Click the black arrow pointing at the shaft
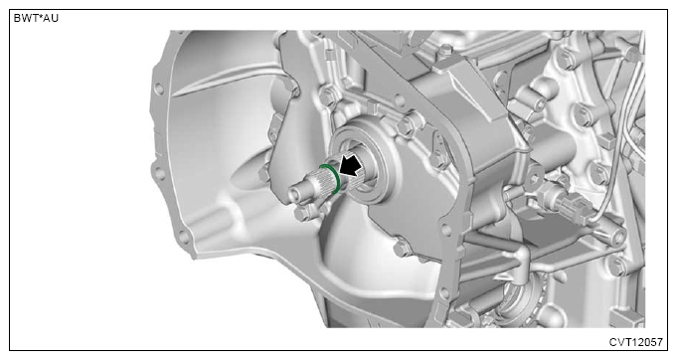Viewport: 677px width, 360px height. click(351, 165)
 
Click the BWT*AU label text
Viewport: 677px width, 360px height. click(36, 19)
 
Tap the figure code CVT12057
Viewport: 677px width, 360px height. click(635, 342)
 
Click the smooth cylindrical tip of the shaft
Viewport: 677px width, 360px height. click(299, 191)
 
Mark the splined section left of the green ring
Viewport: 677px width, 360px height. click(318, 183)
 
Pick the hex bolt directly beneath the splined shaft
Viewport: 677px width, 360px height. click(302, 213)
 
